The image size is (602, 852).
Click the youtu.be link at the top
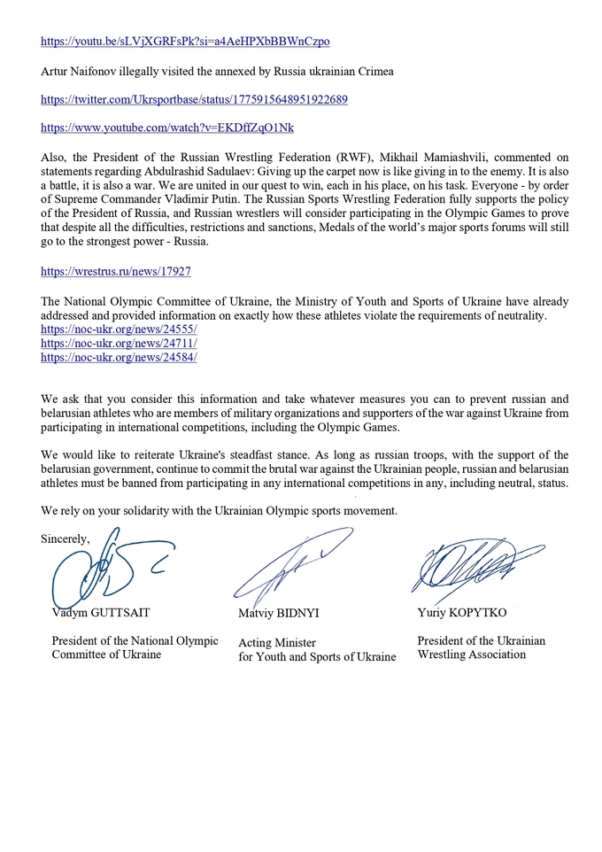185,42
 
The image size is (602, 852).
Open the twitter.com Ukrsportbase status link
194,100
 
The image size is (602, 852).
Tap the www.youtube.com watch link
167,128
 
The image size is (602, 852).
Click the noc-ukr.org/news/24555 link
119,329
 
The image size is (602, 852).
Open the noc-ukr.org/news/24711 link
119,343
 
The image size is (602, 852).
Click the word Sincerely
66,538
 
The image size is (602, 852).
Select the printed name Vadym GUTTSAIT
96,613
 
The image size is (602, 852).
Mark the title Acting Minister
277,643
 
